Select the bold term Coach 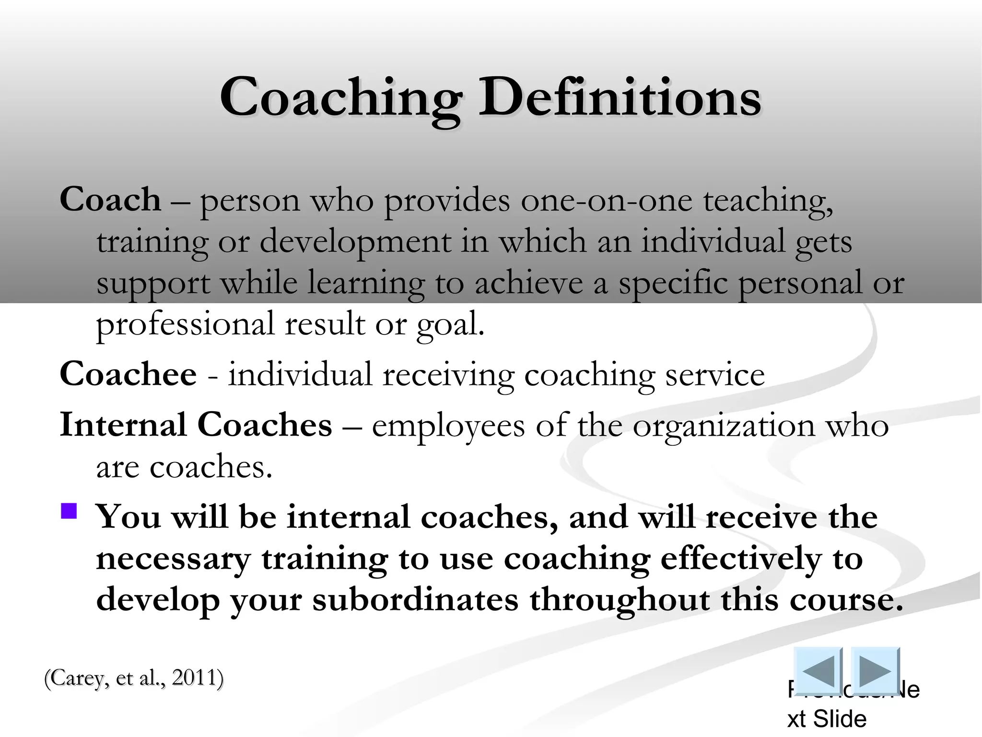(x=110, y=200)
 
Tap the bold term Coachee (x=128, y=374)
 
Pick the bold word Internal (x=123, y=425)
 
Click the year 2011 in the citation (x=194, y=678)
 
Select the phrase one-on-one (x=607, y=200)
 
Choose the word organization (x=724, y=426)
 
